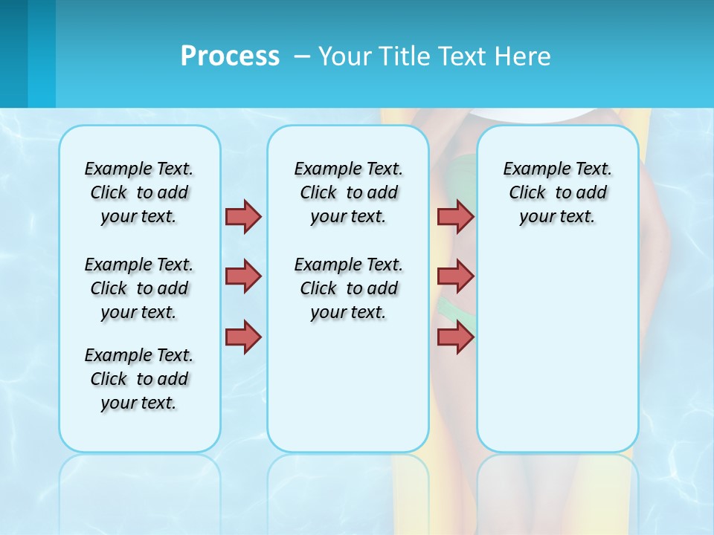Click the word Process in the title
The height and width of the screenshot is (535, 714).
click(230, 56)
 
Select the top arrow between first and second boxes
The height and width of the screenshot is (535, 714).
click(243, 216)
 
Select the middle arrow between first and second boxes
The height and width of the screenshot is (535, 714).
click(243, 276)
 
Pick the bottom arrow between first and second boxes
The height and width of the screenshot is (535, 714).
click(243, 337)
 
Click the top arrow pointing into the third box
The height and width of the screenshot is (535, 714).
click(455, 216)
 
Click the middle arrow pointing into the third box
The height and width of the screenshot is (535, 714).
click(455, 276)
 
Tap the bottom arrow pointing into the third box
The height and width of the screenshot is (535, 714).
click(455, 337)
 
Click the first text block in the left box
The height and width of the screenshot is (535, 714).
click(139, 192)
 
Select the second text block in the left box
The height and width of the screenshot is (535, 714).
click(139, 288)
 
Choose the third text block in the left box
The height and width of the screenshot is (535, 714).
click(139, 379)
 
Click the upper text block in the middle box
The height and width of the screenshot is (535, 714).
click(348, 192)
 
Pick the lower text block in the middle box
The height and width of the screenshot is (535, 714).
click(348, 288)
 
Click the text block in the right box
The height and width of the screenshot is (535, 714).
click(557, 192)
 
